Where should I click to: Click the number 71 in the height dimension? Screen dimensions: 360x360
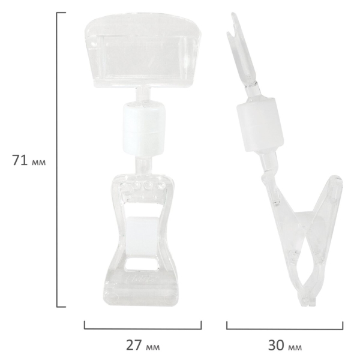20,160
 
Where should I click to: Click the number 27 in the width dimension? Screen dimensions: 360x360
134,345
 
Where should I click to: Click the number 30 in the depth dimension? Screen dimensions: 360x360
276,345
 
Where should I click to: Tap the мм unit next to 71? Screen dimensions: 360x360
38,163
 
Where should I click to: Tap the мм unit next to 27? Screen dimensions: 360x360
153,347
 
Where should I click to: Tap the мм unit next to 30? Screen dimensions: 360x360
295,347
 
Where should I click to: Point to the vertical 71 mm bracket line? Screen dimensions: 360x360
57,160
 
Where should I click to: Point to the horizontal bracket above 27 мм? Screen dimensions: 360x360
143,329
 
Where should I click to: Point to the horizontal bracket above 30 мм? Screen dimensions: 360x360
284,329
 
